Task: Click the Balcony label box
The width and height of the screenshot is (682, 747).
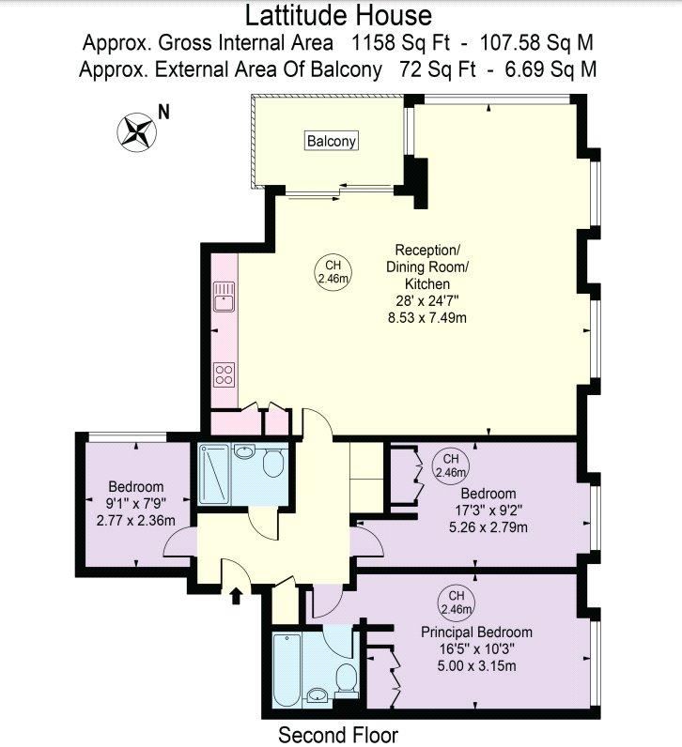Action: coord(332,141)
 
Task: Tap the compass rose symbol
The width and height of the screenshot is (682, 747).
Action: coord(137,132)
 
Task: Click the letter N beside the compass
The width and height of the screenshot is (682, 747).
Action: coord(164,112)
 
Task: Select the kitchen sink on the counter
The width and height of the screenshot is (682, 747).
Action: coord(225,297)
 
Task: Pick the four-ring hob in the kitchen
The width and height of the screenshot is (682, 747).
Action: coord(225,374)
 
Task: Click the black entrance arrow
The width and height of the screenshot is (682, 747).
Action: coord(236,596)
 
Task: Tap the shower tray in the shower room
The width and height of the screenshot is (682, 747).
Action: coord(213,473)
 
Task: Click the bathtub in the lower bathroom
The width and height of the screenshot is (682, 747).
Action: coord(287,670)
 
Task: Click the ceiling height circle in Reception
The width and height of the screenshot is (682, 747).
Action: coord(333,271)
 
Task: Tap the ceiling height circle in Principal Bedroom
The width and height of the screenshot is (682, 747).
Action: coord(457,602)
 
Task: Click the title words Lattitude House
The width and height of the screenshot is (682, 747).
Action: coord(338,15)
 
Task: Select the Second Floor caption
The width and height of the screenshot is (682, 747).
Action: coord(338,735)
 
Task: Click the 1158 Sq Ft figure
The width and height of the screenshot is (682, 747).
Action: coord(400,43)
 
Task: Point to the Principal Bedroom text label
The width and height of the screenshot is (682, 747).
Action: coord(476,633)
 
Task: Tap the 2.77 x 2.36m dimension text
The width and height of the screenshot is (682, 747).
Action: coord(136,521)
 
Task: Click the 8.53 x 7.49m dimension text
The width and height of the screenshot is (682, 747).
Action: coord(427,318)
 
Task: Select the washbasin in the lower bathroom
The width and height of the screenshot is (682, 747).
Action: coord(317,695)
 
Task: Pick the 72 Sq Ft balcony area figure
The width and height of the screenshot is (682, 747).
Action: coord(438,69)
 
